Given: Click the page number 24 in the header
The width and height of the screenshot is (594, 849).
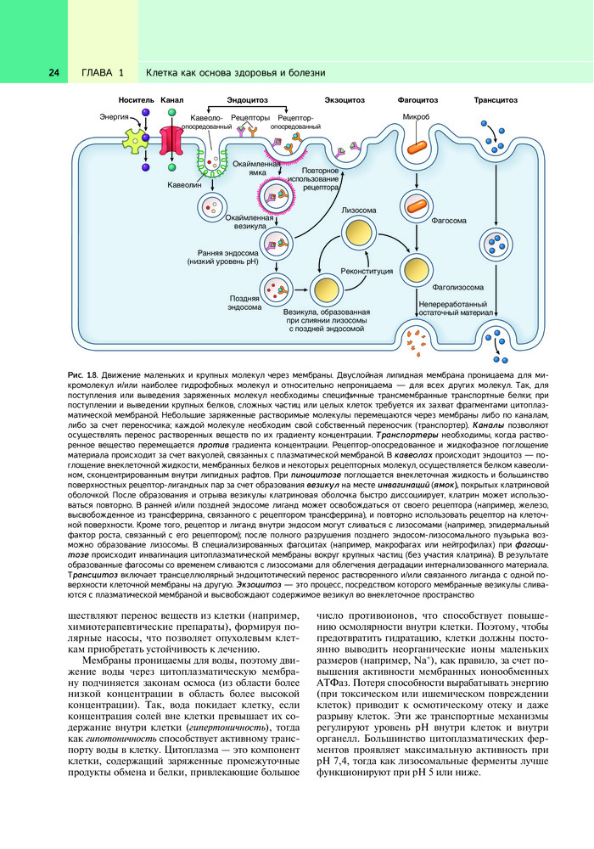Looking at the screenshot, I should (53, 72).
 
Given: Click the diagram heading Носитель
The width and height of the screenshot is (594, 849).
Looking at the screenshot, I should (135, 100).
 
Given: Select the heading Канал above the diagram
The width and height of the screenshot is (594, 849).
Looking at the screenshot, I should (172, 100).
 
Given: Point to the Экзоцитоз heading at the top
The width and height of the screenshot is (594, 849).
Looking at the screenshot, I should (345, 100).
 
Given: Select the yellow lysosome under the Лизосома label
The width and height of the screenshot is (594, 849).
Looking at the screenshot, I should (359, 233).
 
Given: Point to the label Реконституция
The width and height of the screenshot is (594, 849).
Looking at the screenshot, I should (367, 273).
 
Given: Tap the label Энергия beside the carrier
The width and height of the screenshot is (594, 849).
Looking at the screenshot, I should (114, 115).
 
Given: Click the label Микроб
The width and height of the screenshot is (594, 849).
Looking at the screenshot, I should (416, 117).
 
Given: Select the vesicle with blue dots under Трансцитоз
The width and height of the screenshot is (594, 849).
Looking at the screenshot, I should (496, 247).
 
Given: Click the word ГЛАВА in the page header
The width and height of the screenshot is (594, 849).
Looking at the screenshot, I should (97, 72).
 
